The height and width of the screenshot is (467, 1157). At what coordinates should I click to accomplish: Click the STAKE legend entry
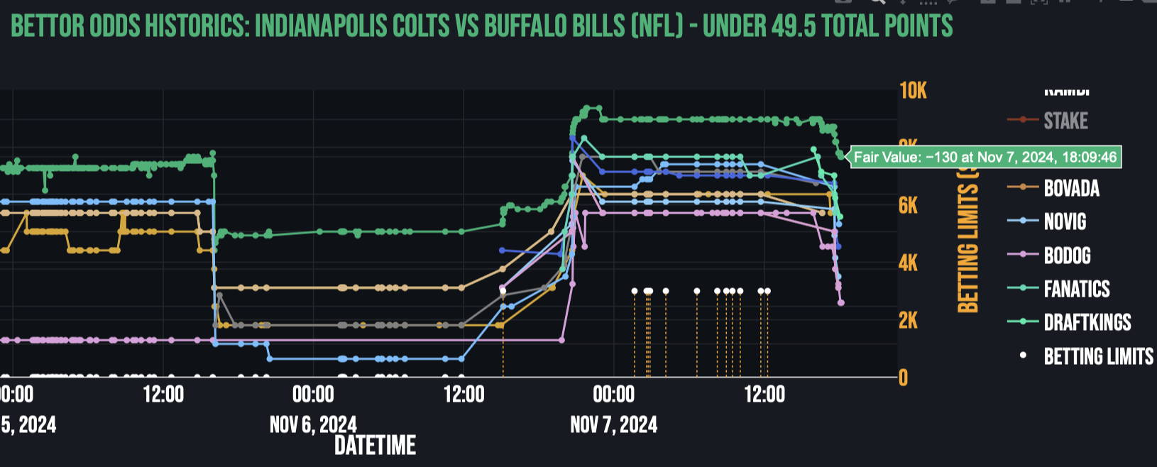tap(1065, 121)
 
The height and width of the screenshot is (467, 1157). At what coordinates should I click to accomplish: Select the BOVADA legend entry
tap(1070, 188)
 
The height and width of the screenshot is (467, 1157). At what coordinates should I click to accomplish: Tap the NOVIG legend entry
tap(1064, 221)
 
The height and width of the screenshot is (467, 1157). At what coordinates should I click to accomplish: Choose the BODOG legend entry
tap(1066, 256)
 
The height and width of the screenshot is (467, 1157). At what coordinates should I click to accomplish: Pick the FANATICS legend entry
tap(1076, 289)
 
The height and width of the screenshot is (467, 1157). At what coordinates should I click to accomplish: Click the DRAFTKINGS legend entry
tap(1087, 322)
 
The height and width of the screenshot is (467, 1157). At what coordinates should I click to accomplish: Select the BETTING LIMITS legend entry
tap(1097, 356)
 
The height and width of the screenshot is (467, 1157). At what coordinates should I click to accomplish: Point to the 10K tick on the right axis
tap(913, 91)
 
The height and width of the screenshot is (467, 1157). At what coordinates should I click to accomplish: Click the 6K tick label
tap(909, 206)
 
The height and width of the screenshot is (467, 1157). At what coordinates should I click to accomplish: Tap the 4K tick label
tap(909, 263)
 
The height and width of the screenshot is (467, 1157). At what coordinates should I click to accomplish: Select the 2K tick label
tap(909, 321)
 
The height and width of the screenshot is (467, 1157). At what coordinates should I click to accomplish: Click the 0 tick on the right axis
tap(903, 378)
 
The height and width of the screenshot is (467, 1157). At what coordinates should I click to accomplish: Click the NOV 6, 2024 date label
tap(313, 425)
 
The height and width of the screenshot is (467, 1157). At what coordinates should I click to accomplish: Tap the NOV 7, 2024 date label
tap(613, 425)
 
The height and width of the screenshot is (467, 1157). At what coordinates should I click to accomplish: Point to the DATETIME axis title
tap(375, 446)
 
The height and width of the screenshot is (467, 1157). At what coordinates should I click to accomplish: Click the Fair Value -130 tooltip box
tap(985, 157)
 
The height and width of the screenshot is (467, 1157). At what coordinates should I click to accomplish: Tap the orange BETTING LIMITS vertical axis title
tap(967, 241)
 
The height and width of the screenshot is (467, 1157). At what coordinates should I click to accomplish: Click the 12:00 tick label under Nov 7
tap(764, 395)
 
